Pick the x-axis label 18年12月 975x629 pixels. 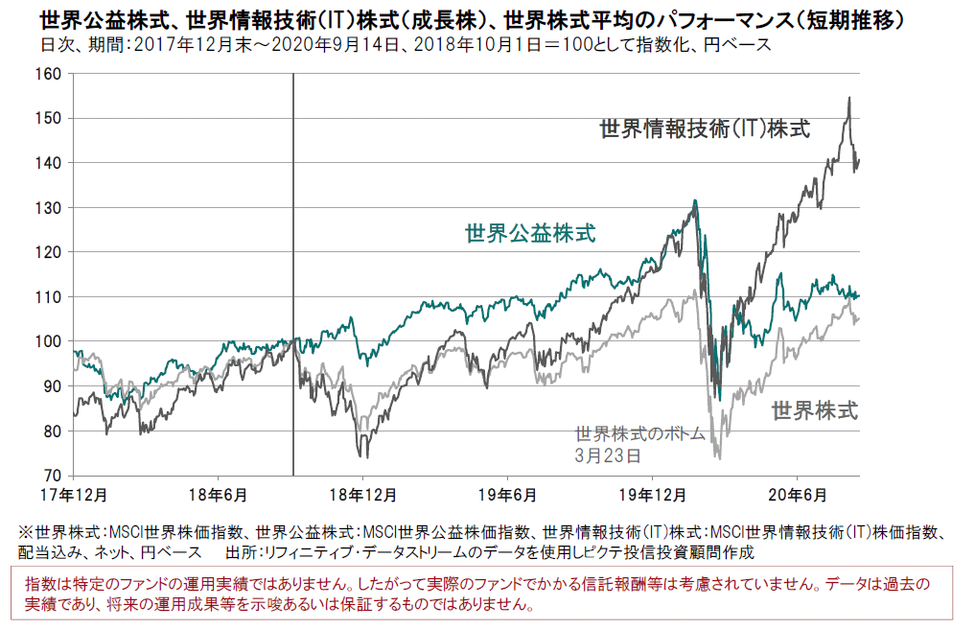coord(363,495)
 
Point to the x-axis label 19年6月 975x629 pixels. coord(507,495)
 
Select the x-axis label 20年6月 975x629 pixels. coord(798,495)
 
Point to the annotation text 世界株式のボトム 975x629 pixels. coord(639,434)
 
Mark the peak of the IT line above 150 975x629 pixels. coord(848,98)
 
